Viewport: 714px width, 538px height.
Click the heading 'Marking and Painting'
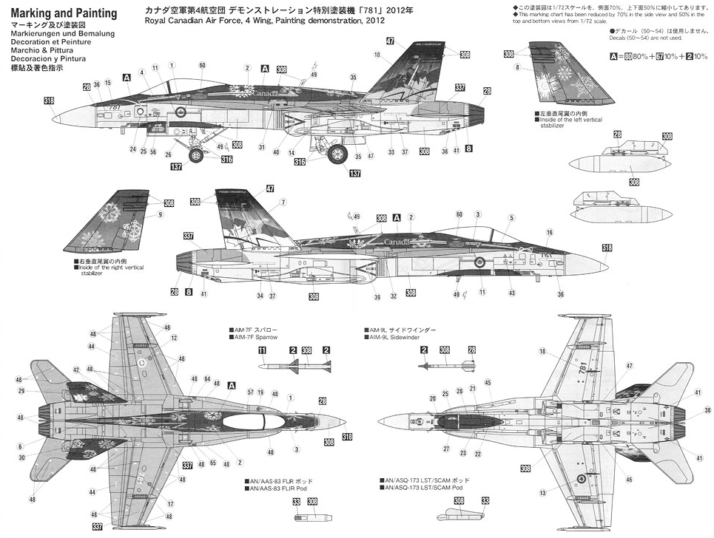65,13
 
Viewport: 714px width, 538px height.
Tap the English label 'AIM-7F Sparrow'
255,337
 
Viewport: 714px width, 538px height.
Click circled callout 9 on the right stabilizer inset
159,215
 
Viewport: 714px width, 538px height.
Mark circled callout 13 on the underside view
544,493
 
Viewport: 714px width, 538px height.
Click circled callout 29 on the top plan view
21,391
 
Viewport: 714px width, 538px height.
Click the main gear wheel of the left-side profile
337,154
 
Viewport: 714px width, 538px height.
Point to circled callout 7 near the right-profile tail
283,202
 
